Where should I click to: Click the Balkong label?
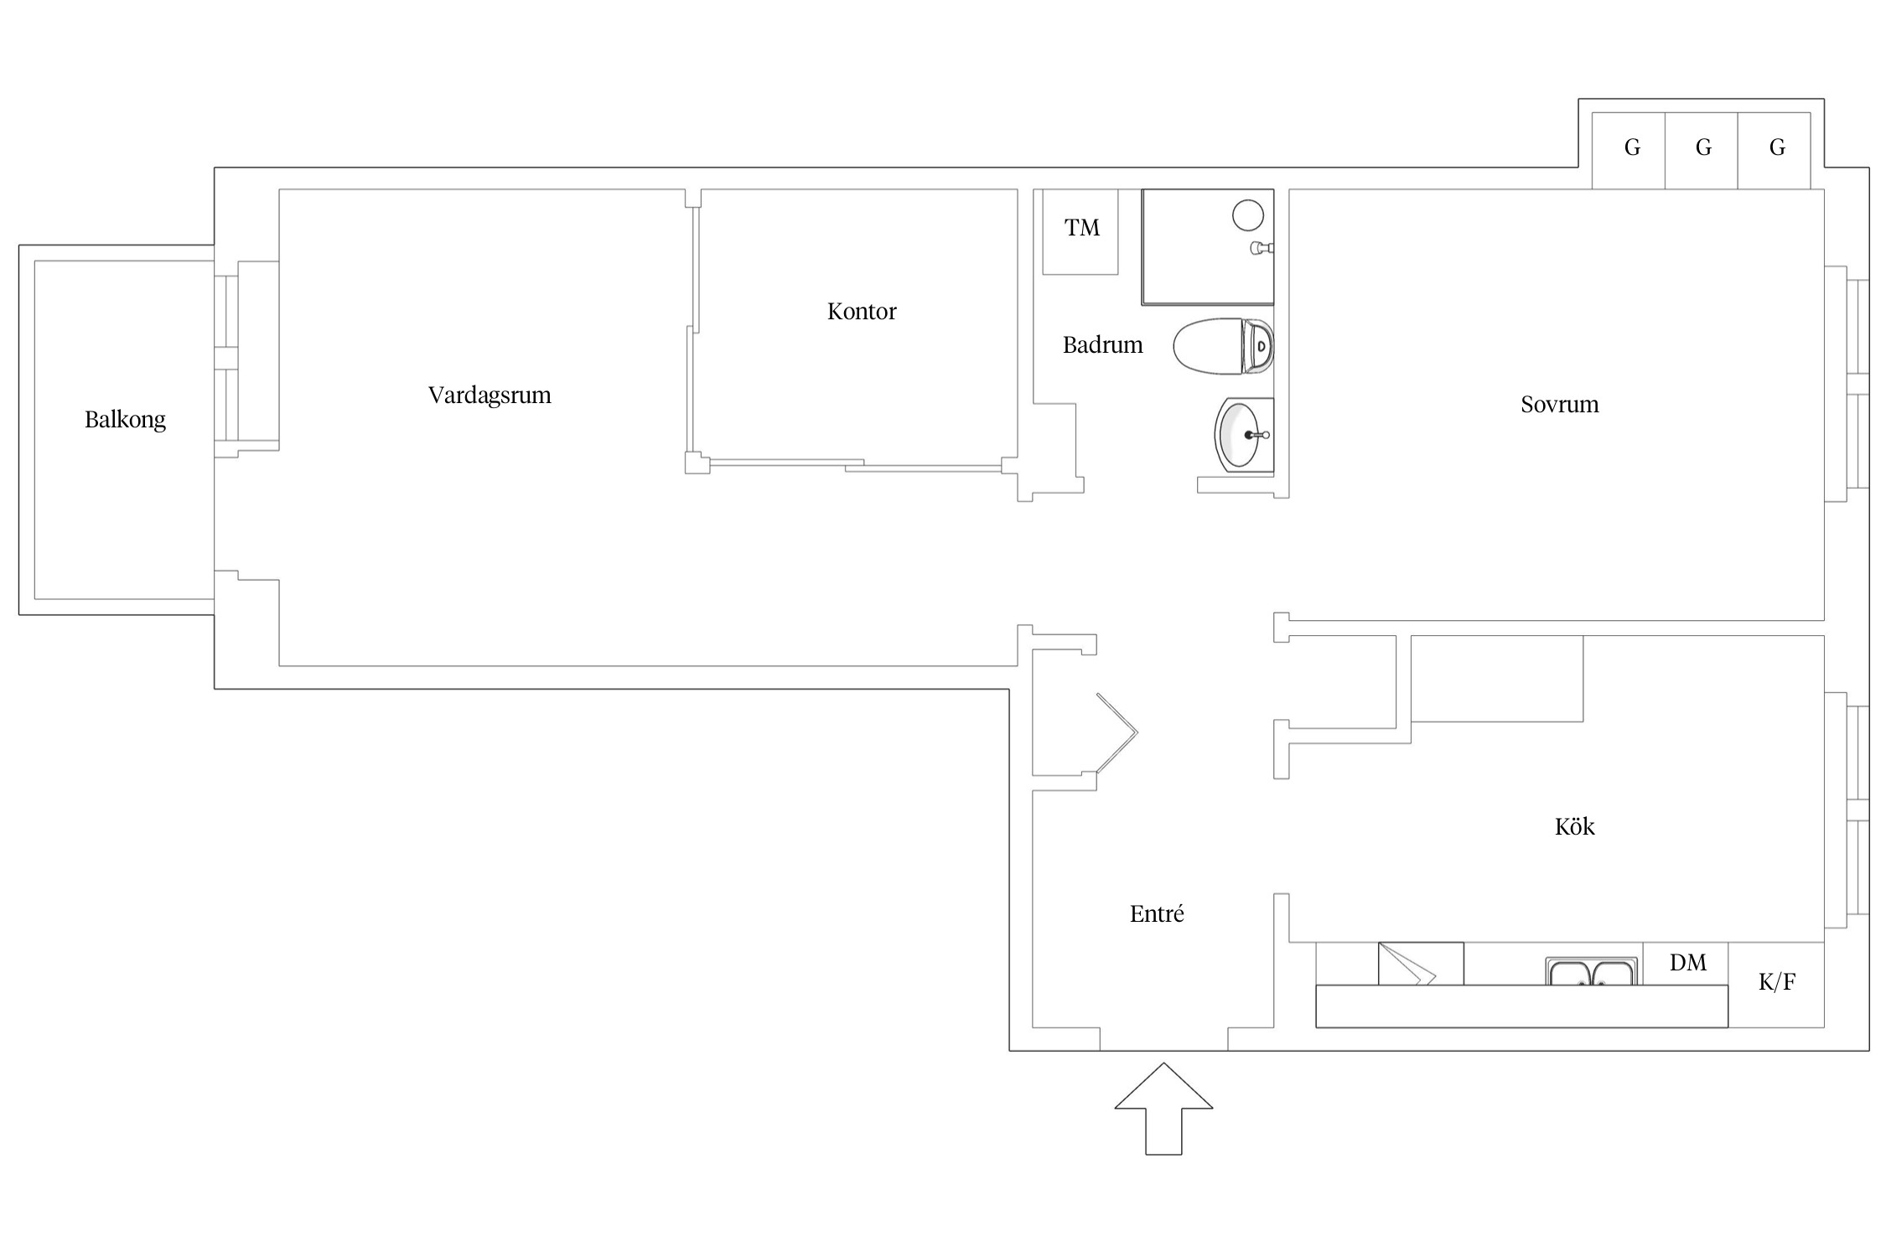(125, 419)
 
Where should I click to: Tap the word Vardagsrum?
(490, 396)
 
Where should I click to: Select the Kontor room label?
(862, 312)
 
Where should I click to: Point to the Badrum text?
(1102, 344)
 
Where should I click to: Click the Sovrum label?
(1560, 405)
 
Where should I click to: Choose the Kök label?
(1574, 826)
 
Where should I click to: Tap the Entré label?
(1157, 913)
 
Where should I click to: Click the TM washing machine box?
(1080, 232)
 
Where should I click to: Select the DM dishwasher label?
(1687, 963)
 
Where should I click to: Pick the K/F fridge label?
(1777, 981)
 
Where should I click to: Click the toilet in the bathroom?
(1223, 346)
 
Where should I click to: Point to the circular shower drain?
(1247, 215)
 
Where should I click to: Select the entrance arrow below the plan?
(1163, 1109)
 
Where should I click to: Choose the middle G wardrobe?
(1702, 150)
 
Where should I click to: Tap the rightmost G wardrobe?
(1775, 150)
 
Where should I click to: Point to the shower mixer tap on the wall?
(1262, 247)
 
